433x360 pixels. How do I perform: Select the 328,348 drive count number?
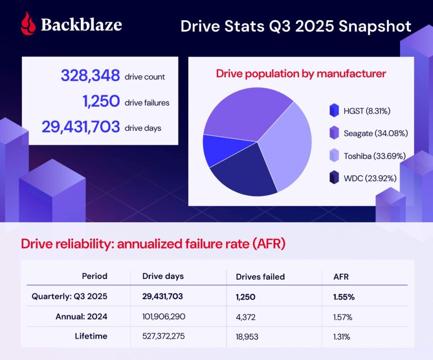pyautogui.click(x=90, y=76)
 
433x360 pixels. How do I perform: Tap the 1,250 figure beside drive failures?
pyautogui.click(x=101, y=102)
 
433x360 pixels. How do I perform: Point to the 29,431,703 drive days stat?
pyautogui.click(x=80, y=127)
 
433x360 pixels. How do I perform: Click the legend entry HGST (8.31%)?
pyautogui.click(x=365, y=112)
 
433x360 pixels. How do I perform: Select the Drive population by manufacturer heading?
pyautogui.click(x=301, y=74)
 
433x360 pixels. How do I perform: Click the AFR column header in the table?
pyautogui.click(x=340, y=277)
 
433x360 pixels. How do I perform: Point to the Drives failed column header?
pyautogui.click(x=260, y=277)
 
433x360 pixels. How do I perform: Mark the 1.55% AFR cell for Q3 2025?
pyautogui.click(x=344, y=297)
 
